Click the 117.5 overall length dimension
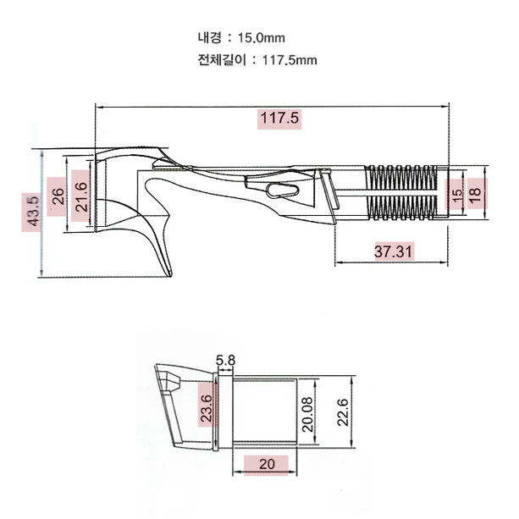tap(279, 119)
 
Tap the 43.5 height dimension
tap(34, 211)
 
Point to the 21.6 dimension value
tap(81, 196)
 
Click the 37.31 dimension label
tap(394, 251)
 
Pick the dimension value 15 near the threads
tap(456, 196)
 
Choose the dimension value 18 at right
tap(475, 196)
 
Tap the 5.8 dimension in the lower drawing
tap(225, 360)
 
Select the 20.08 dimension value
tap(307, 414)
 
